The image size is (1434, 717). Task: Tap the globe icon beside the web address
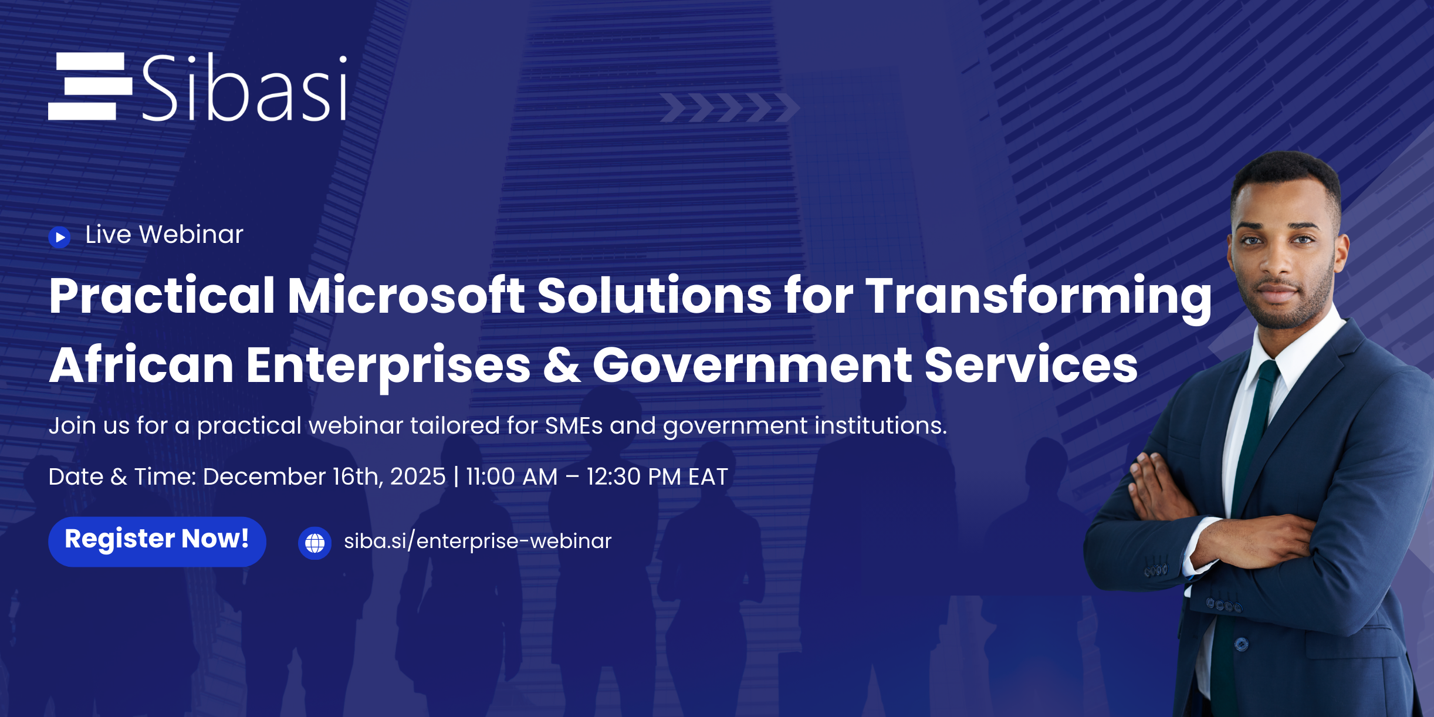pos(314,543)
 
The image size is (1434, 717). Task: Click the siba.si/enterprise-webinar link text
pos(478,541)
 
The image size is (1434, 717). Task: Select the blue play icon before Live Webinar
pos(59,237)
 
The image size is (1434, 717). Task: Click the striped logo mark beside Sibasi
pos(90,86)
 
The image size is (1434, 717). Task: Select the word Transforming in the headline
pos(1039,296)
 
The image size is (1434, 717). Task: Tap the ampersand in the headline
pos(561,365)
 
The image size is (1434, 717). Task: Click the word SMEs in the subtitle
pos(573,425)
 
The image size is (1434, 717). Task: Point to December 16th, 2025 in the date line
pos(324,476)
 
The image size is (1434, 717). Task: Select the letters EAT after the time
pos(708,476)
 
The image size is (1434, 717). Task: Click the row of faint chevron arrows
pos(729,107)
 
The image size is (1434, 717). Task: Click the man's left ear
pos(1341,252)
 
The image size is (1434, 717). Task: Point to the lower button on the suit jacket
pos(1241,644)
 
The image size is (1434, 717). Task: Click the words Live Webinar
pos(164,235)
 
